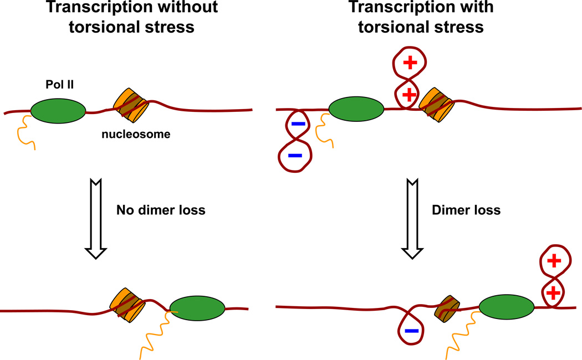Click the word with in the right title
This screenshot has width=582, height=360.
(x=465, y=8)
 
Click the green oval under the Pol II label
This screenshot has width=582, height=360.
(x=58, y=111)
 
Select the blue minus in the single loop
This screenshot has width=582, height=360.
(x=411, y=331)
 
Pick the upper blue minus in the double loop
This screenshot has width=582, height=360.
(x=298, y=124)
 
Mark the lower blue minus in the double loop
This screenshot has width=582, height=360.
(x=295, y=156)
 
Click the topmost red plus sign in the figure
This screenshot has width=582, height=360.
(x=410, y=63)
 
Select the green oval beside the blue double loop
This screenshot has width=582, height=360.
(x=356, y=109)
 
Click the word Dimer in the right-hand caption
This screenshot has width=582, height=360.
(x=447, y=210)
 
